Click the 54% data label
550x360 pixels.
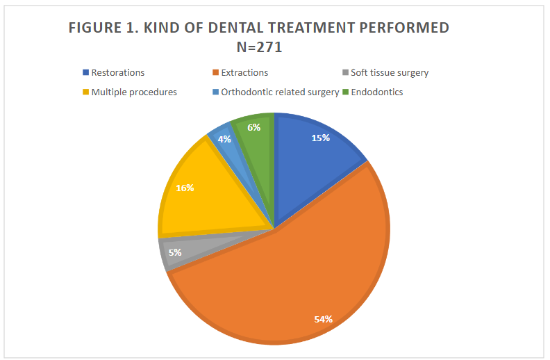pyautogui.click(x=323, y=319)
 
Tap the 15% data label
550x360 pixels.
pyautogui.click(x=320, y=138)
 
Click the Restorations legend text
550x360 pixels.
pyautogui.click(x=117, y=72)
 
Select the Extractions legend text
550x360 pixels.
pyautogui.click(x=244, y=72)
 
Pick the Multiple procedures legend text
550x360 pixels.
pyautogui.click(x=134, y=92)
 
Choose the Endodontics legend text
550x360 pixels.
pyautogui.click(x=377, y=92)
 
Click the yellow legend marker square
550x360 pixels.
pyautogui.click(x=85, y=92)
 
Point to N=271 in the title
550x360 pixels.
pyautogui.click(x=259, y=47)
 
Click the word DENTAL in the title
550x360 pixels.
pyautogui.click(x=231, y=28)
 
